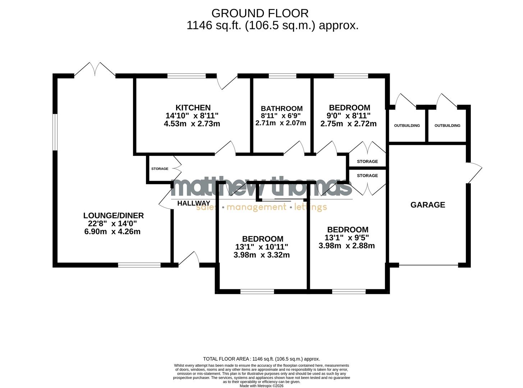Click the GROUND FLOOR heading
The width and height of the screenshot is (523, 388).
click(x=260, y=13)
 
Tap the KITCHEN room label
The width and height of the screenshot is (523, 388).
click(x=193, y=107)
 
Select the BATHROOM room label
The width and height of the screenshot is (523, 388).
click(x=281, y=108)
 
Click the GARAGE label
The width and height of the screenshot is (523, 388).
click(x=427, y=205)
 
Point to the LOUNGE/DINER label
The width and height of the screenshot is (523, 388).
click(x=113, y=216)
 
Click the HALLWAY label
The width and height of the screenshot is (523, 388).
click(x=193, y=203)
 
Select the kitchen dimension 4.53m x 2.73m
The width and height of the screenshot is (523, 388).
click(x=192, y=124)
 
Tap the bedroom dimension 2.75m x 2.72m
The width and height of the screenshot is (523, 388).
click(x=348, y=124)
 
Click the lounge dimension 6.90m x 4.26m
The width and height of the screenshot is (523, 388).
click(x=112, y=232)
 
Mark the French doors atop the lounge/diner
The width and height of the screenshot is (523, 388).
click(x=95, y=70)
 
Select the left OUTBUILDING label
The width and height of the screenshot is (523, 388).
click(x=407, y=126)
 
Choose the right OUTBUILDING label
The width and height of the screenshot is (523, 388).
click(x=447, y=126)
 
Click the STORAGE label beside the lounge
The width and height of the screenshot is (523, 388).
click(x=160, y=169)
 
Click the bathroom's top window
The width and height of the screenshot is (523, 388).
click(x=282, y=76)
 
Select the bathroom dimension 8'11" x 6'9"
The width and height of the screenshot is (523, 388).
click(x=281, y=116)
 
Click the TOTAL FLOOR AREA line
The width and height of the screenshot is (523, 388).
click(x=261, y=359)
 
